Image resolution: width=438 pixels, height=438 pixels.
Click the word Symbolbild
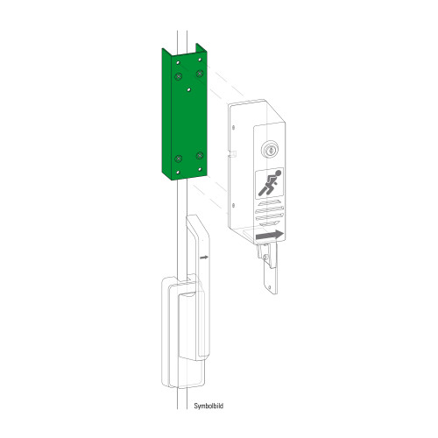(208, 406)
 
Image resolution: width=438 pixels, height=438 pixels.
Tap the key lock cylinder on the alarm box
(270, 150)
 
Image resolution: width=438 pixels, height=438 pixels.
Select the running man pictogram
(270, 182)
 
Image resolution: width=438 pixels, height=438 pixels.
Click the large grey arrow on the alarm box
(269, 235)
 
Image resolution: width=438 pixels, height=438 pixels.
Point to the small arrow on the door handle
(204, 258)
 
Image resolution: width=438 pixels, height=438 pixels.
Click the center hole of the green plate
(189, 90)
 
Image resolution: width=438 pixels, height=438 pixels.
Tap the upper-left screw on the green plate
(178, 76)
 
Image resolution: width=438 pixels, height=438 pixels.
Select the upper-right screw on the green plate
(200, 74)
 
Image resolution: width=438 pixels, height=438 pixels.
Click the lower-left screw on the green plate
(178, 159)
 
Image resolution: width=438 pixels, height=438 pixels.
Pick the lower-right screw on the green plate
(200, 155)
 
